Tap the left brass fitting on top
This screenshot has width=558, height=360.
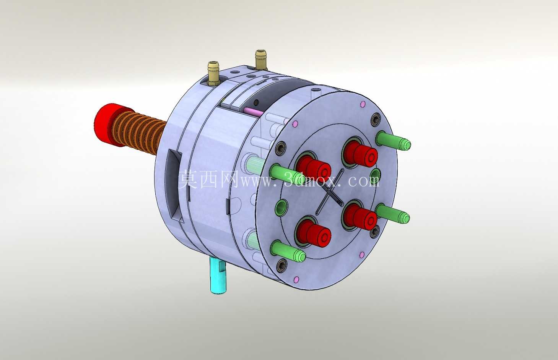coord(213,73)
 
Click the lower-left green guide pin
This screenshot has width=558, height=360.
coord(288,251)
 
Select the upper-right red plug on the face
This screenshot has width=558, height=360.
coord(361,152)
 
